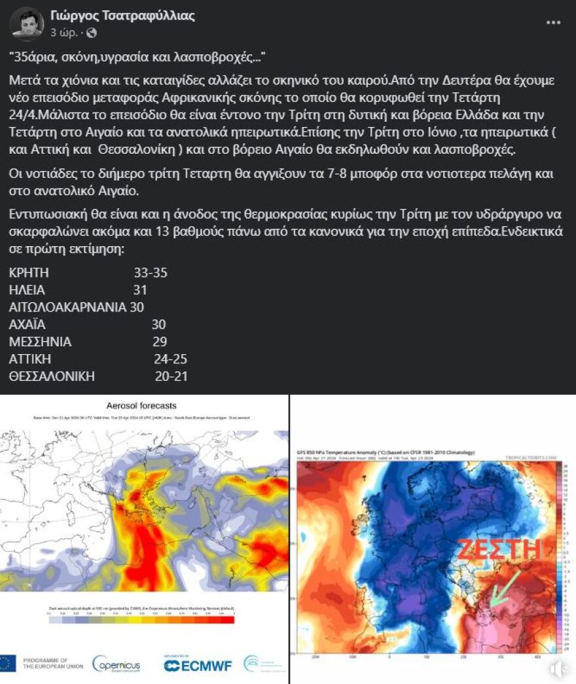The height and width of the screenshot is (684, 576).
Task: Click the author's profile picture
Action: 27,24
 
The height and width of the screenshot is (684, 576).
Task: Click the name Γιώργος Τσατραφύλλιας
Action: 122,16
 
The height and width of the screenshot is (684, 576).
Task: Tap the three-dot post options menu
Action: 553,22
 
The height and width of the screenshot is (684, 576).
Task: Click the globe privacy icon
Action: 92,32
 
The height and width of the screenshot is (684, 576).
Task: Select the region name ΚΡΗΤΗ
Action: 29,273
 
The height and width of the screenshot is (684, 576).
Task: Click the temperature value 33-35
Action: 151,273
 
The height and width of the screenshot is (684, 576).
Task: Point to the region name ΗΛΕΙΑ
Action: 27,290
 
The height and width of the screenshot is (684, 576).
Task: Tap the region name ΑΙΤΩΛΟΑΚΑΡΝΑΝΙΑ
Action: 67,307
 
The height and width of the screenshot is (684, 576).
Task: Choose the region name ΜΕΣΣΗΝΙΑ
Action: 41,342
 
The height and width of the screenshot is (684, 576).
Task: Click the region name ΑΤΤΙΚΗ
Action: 30,359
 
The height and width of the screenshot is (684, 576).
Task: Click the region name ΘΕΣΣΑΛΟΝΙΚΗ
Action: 52,376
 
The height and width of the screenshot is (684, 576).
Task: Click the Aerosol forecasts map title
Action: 141,406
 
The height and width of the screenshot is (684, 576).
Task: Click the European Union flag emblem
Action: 9,663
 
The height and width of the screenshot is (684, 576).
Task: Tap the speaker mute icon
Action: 558,669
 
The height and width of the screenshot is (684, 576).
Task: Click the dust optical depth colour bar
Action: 141,619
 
